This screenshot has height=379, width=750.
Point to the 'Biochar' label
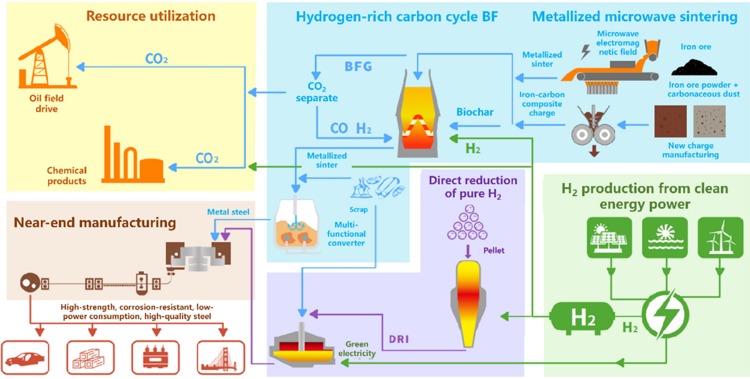(474, 112)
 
